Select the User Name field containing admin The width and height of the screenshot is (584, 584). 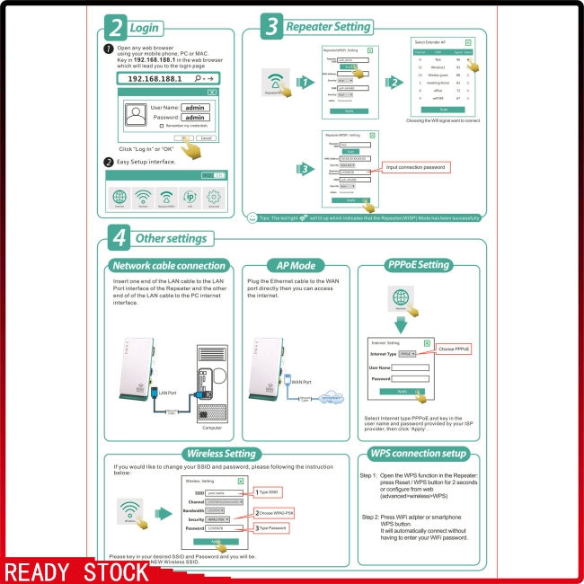tap(195, 107)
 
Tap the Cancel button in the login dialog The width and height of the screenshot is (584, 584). tap(206, 138)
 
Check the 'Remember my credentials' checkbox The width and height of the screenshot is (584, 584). tap(161, 127)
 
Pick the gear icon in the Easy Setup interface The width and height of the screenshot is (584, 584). tap(214, 198)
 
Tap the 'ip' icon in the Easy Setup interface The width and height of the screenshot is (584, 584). tap(190, 198)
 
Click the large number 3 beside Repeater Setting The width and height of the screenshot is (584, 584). tap(272, 27)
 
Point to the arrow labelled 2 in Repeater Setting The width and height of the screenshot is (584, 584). tap(393, 82)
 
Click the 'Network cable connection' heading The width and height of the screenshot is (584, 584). tap(168, 266)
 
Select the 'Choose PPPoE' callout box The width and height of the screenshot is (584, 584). tap(454, 349)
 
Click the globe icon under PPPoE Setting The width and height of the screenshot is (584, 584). tap(400, 297)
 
